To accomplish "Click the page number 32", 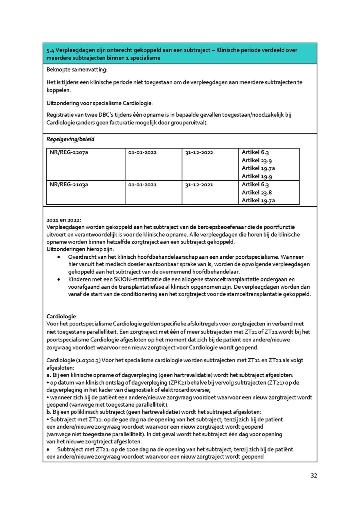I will [x=314, y=476].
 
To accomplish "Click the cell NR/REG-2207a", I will [x=67, y=153].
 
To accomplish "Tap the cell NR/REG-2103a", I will [x=67, y=185].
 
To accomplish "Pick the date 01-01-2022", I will [x=142, y=153].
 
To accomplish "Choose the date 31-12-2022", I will [x=199, y=153].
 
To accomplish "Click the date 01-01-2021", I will [x=142, y=185].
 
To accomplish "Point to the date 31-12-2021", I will [x=199, y=185].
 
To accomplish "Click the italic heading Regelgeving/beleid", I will [x=70, y=139].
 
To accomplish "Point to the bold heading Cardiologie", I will [x=61, y=316].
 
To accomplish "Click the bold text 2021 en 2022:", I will [x=64, y=220].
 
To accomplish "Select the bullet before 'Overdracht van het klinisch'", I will [x=59, y=257].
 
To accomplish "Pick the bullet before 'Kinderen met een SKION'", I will [x=59, y=279].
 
